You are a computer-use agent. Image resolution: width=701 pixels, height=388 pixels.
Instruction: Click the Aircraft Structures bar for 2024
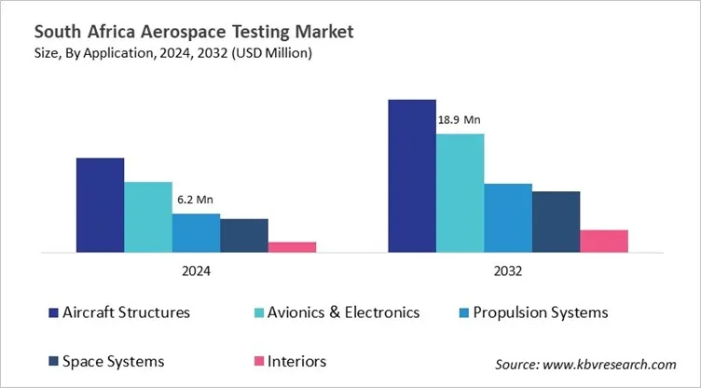point(100,204)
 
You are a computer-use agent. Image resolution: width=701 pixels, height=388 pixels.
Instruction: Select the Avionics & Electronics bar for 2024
point(148,216)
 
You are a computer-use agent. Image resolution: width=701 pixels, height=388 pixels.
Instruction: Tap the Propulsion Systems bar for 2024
point(196,232)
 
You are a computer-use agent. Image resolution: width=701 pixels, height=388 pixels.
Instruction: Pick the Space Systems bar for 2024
point(244,235)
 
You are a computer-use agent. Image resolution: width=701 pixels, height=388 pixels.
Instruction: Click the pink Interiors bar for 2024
point(292,246)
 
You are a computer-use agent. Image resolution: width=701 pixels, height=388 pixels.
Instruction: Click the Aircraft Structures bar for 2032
point(412,175)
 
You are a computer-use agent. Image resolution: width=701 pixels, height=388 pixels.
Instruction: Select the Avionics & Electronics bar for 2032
point(460,192)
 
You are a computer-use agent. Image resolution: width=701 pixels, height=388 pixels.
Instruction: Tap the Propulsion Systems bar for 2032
point(508,217)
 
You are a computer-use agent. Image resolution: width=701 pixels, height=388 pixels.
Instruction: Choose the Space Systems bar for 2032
point(557,221)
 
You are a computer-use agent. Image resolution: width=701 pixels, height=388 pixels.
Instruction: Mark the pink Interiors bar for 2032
point(604,241)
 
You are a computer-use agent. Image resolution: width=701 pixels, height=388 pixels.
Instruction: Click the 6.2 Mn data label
point(195,200)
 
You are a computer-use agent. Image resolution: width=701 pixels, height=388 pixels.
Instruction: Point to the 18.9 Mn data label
point(460,119)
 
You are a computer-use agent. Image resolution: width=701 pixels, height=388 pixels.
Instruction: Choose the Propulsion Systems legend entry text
point(541,312)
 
